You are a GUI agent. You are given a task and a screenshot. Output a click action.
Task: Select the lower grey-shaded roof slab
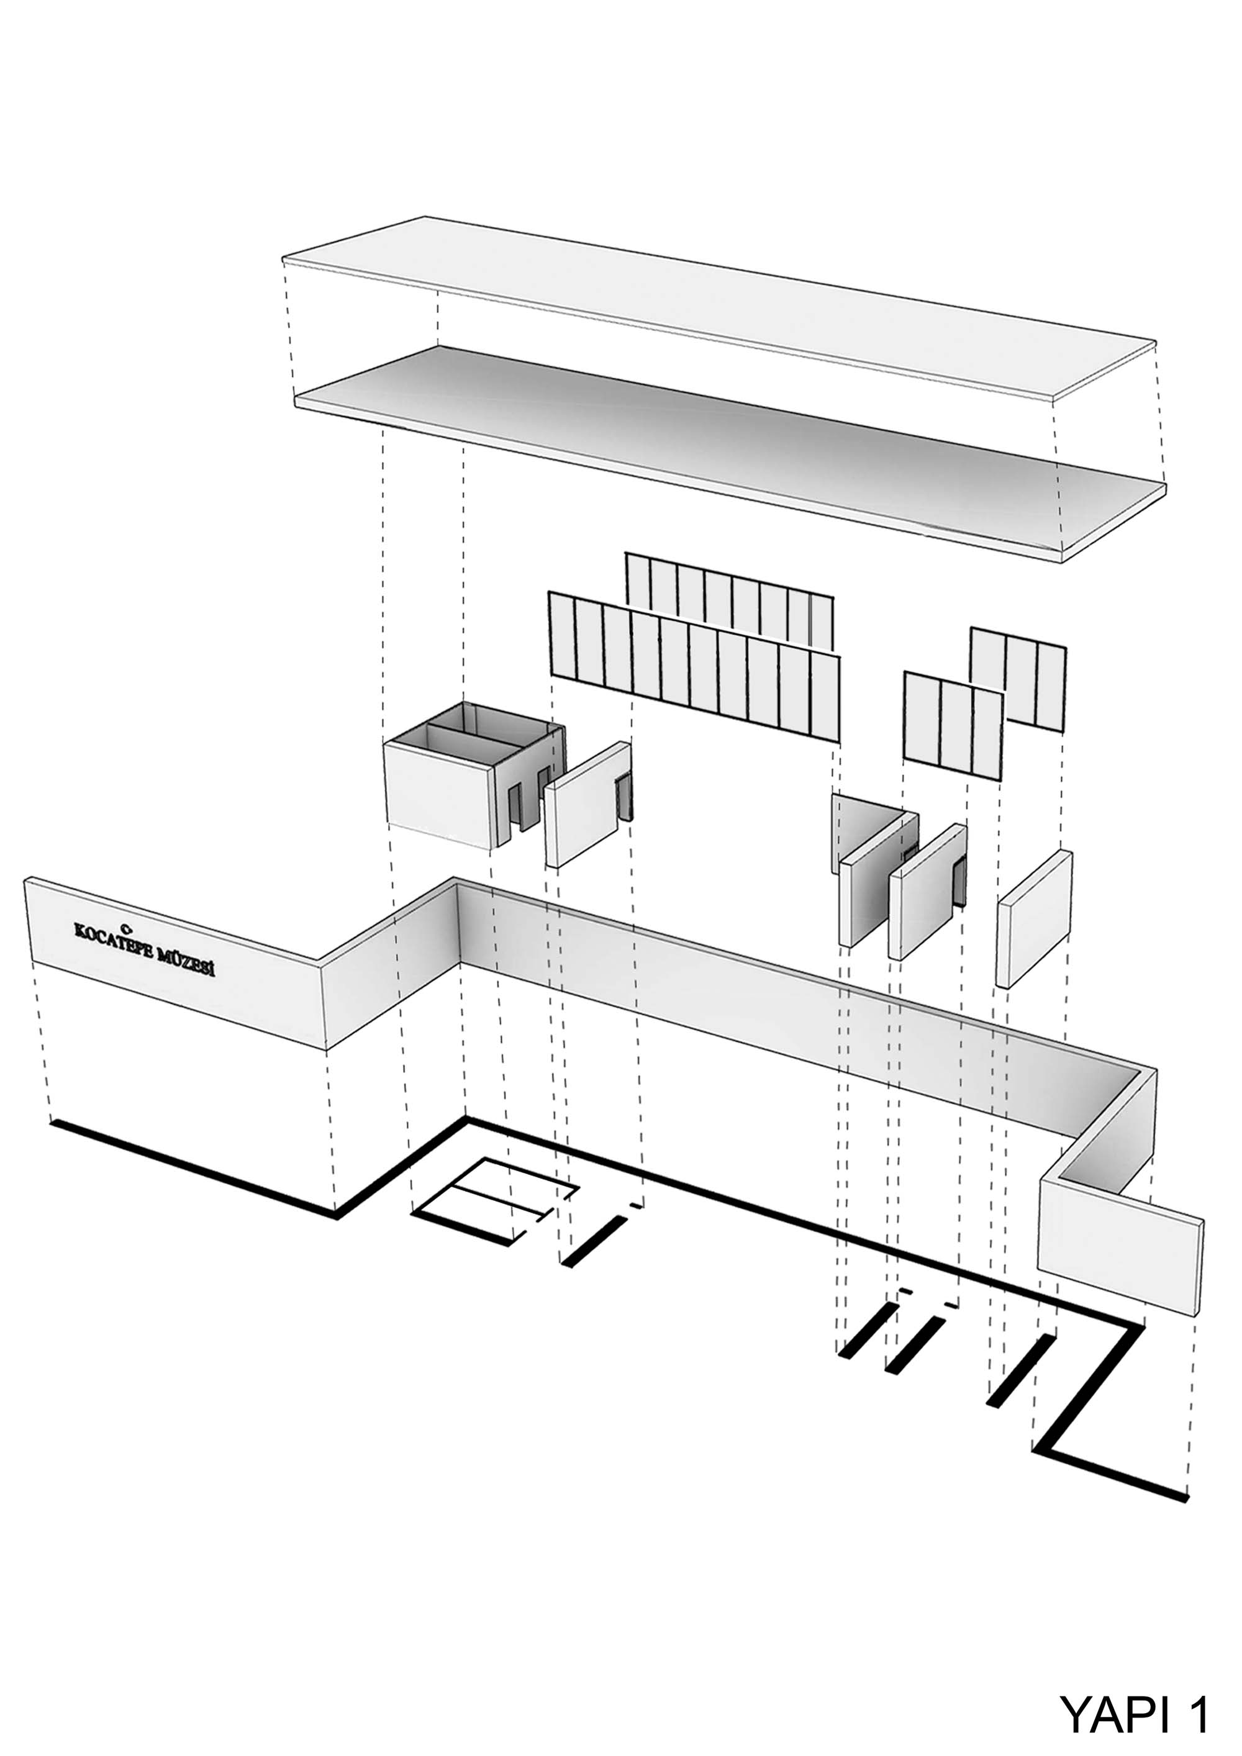[x=730, y=451]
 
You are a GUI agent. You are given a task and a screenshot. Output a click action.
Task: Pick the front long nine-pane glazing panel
[x=694, y=667]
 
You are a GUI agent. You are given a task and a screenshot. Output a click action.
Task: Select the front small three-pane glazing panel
[x=953, y=726]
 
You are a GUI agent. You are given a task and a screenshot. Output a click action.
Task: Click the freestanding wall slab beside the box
[x=587, y=805]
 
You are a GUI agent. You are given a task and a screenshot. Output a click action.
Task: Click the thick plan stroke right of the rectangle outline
[x=594, y=1241]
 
